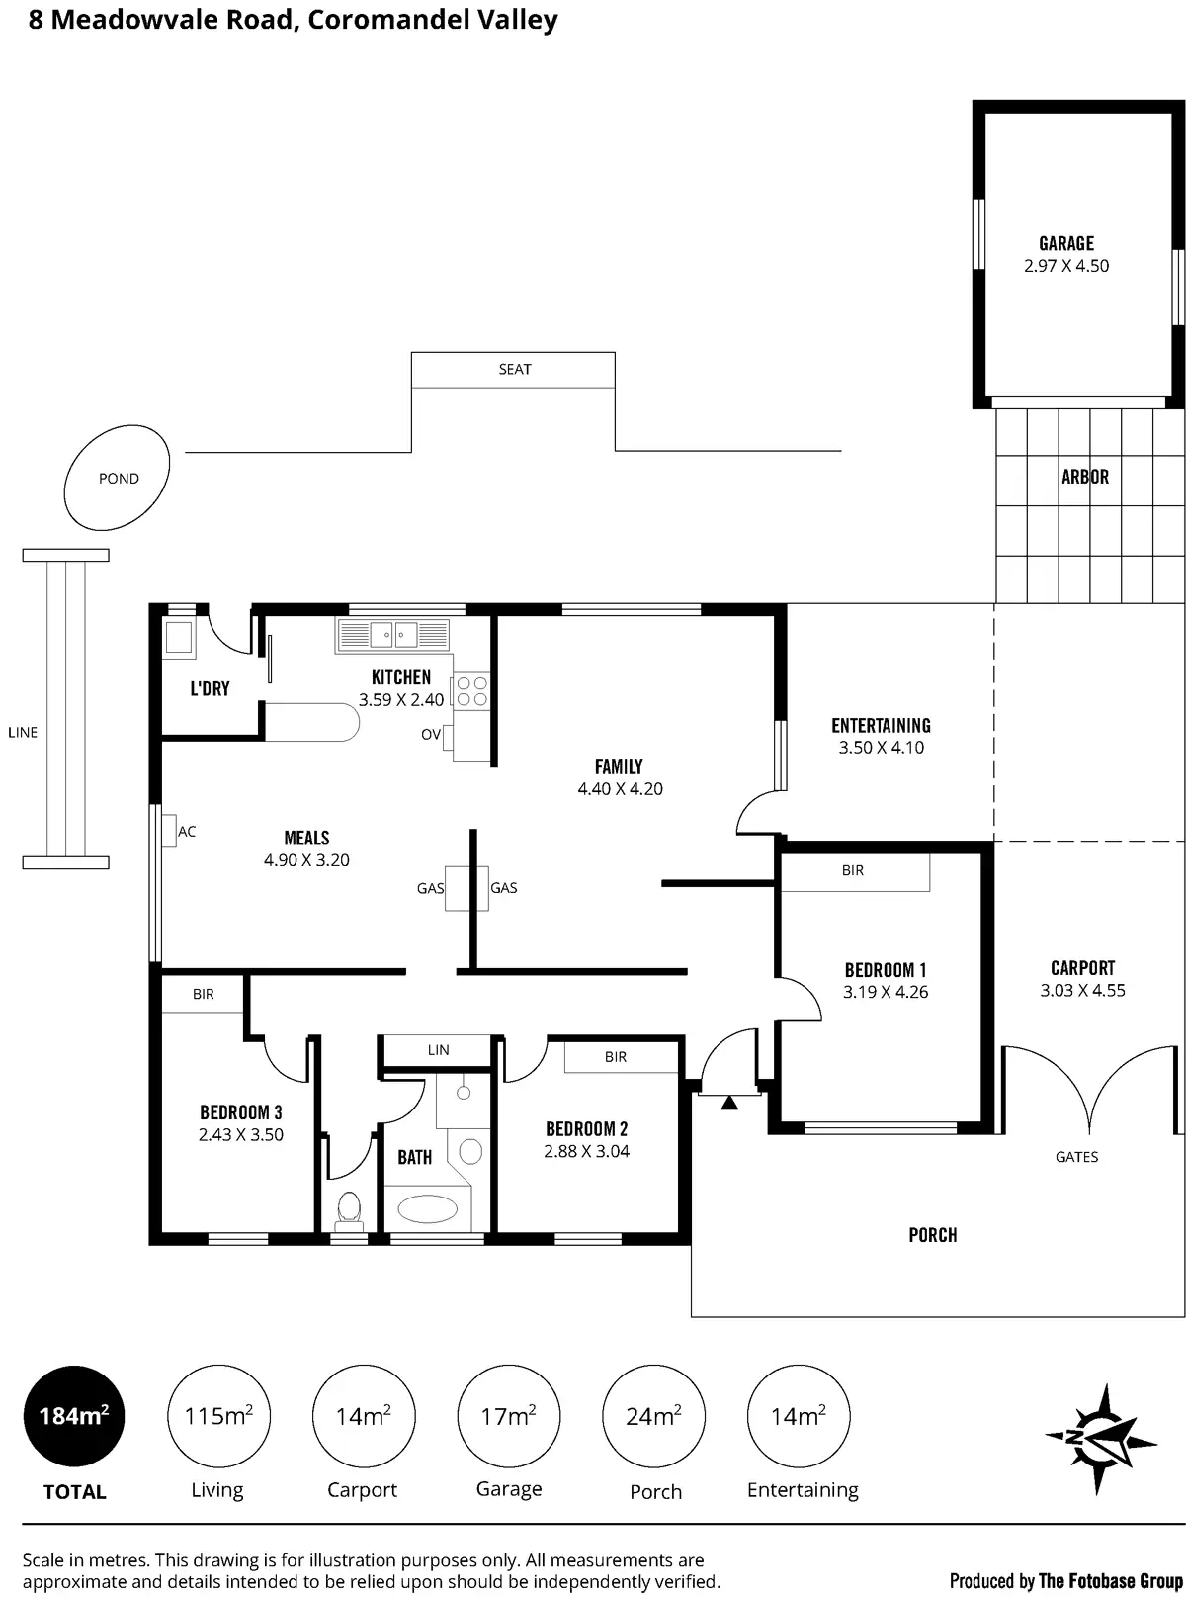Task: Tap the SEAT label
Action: coord(514,370)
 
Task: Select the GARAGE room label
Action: coord(1065,243)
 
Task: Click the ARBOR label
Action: coord(1084,477)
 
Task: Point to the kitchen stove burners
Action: coord(471,691)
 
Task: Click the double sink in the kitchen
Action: coord(393,634)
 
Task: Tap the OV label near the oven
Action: coord(431,735)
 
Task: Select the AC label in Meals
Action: coord(187,832)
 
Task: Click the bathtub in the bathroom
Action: coord(427,1208)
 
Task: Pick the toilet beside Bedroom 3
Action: coord(348,1208)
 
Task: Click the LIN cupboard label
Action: coord(438,1050)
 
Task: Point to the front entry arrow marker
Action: coord(729,1103)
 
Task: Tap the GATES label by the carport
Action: coord(1076,1157)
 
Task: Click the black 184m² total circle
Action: coord(74,1416)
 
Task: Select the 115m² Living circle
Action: coord(218,1416)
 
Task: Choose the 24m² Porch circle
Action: coord(653,1416)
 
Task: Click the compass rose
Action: coord(1099,1439)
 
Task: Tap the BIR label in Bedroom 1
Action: coord(852,871)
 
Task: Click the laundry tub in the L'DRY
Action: coord(179,637)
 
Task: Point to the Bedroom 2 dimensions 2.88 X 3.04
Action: coord(586,1151)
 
